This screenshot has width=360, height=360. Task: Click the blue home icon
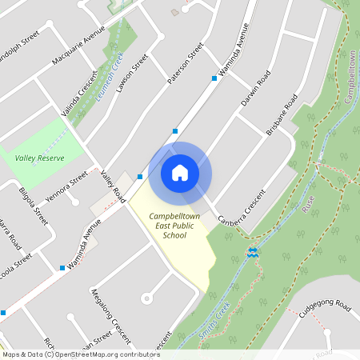pyautogui.click(x=180, y=173)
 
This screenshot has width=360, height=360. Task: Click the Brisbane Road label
pyautogui.click(x=282, y=115)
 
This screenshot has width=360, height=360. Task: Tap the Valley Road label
pyautogui.click(x=114, y=186)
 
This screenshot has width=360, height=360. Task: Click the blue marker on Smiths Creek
pyautogui.click(x=253, y=254)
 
